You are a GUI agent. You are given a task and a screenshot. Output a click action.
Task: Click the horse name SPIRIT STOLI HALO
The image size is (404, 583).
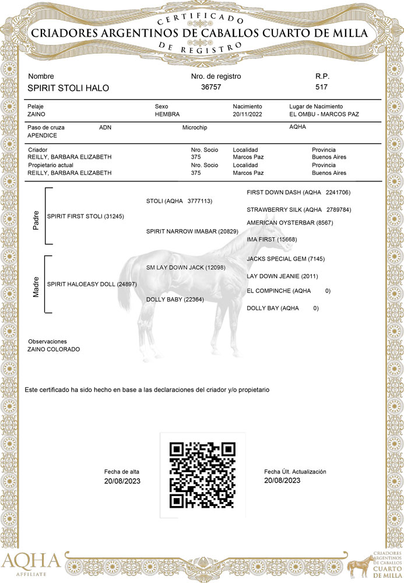(x=68, y=88)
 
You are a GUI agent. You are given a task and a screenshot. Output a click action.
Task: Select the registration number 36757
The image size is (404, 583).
(x=211, y=87)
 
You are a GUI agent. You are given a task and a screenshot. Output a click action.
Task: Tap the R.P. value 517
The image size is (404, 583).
(x=321, y=87)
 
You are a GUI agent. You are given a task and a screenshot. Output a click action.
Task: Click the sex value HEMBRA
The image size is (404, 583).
(x=167, y=114)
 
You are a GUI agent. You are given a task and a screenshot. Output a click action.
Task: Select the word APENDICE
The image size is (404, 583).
(x=42, y=135)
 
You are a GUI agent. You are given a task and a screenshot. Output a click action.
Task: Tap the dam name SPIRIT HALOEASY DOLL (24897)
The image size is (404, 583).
(x=92, y=284)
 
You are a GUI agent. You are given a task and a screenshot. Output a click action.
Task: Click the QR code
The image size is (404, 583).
(x=202, y=475)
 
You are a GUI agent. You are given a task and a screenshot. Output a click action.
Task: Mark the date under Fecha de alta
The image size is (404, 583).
(x=122, y=482)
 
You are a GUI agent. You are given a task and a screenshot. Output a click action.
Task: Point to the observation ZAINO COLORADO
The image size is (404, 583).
(x=54, y=349)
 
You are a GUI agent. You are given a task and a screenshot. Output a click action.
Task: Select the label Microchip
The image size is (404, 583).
(x=195, y=127)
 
